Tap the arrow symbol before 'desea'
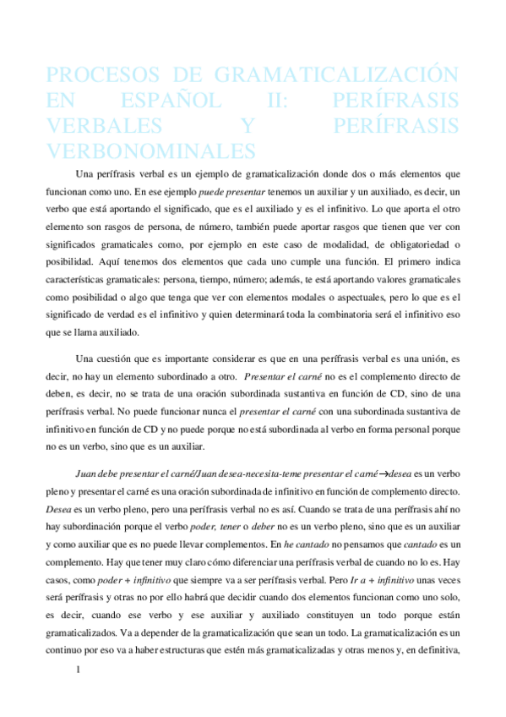pyautogui.click(x=379, y=473)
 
